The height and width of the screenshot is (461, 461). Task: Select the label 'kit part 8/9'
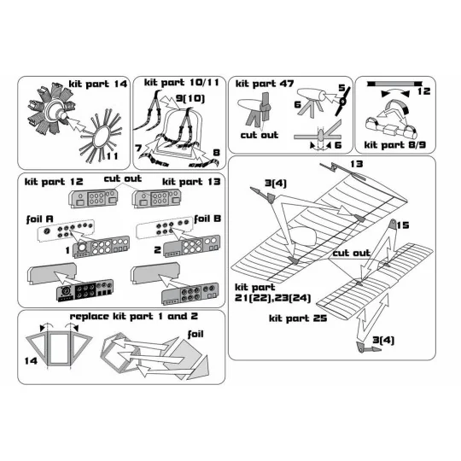pos(394,146)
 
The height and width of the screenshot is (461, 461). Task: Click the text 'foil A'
pos(40,219)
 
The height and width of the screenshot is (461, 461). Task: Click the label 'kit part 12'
pos(54,184)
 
